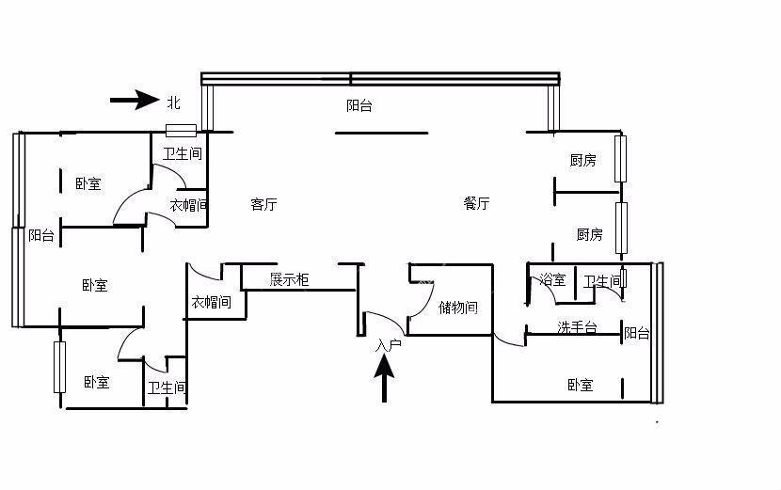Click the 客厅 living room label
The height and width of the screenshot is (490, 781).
tap(264, 204)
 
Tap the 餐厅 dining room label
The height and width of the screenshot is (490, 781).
tap(477, 203)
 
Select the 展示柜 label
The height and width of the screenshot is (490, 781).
tap(289, 279)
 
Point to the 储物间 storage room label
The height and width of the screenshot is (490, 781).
tap(458, 308)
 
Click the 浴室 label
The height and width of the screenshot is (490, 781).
tap(552, 280)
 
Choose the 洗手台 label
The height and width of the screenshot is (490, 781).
tap(577, 328)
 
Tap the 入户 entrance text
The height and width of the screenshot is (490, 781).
tap(388, 345)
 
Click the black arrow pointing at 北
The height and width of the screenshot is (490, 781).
tap(135, 100)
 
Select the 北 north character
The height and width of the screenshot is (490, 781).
tap(173, 101)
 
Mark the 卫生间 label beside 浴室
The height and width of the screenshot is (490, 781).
tap(602, 281)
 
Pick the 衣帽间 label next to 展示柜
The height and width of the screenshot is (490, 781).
tap(211, 302)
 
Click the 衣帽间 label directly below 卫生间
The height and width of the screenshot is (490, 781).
tap(188, 204)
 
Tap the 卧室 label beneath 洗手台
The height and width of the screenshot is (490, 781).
tap(581, 385)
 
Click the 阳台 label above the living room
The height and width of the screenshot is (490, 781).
tap(359, 106)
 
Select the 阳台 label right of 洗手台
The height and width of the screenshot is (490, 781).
tap(637, 333)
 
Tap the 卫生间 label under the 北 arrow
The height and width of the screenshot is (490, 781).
tap(183, 153)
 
